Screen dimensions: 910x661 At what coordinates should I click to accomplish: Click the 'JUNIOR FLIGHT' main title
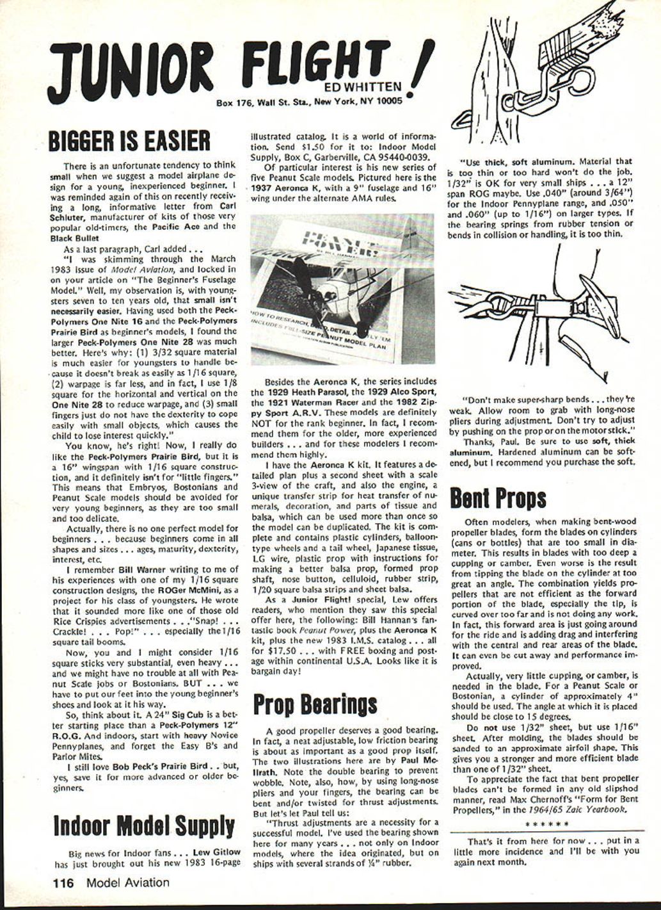224,67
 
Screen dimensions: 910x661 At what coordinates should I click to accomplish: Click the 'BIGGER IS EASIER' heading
129,140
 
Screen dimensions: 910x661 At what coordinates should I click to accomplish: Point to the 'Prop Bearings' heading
315,703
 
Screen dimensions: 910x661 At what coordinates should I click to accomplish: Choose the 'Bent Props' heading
498,497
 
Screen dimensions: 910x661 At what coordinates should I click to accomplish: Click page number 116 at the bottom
63,883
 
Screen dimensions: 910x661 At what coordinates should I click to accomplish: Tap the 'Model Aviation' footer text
128,883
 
